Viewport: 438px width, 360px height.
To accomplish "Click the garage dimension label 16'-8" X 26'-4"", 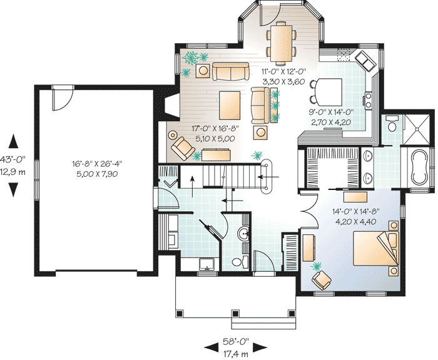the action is click(x=97, y=164).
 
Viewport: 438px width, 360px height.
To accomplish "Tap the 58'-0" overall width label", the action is click(x=235, y=341).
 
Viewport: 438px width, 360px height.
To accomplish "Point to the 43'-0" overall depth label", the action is click(x=13, y=159).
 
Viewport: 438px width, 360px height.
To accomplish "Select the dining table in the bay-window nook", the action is click(x=282, y=42).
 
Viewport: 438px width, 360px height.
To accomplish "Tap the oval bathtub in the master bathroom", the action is click(x=419, y=167).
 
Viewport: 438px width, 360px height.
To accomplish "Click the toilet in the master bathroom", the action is click(x=392, y=124).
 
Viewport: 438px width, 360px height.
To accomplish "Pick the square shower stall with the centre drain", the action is click(x=417, y=129).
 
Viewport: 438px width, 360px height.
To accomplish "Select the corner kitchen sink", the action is click(x=365, y=61).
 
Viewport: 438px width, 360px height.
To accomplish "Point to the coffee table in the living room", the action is click(x=230, y=106).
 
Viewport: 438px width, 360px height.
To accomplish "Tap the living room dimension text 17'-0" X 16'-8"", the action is click(x=215, y=129).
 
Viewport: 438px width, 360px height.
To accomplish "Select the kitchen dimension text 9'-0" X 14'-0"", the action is click(x=331, y=112).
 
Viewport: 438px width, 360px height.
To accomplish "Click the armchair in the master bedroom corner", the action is click(x=322, y=280).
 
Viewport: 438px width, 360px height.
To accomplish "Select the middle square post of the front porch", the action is click(x=235, y=313).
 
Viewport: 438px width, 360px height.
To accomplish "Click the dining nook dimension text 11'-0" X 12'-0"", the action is click(x=283, y=72).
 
